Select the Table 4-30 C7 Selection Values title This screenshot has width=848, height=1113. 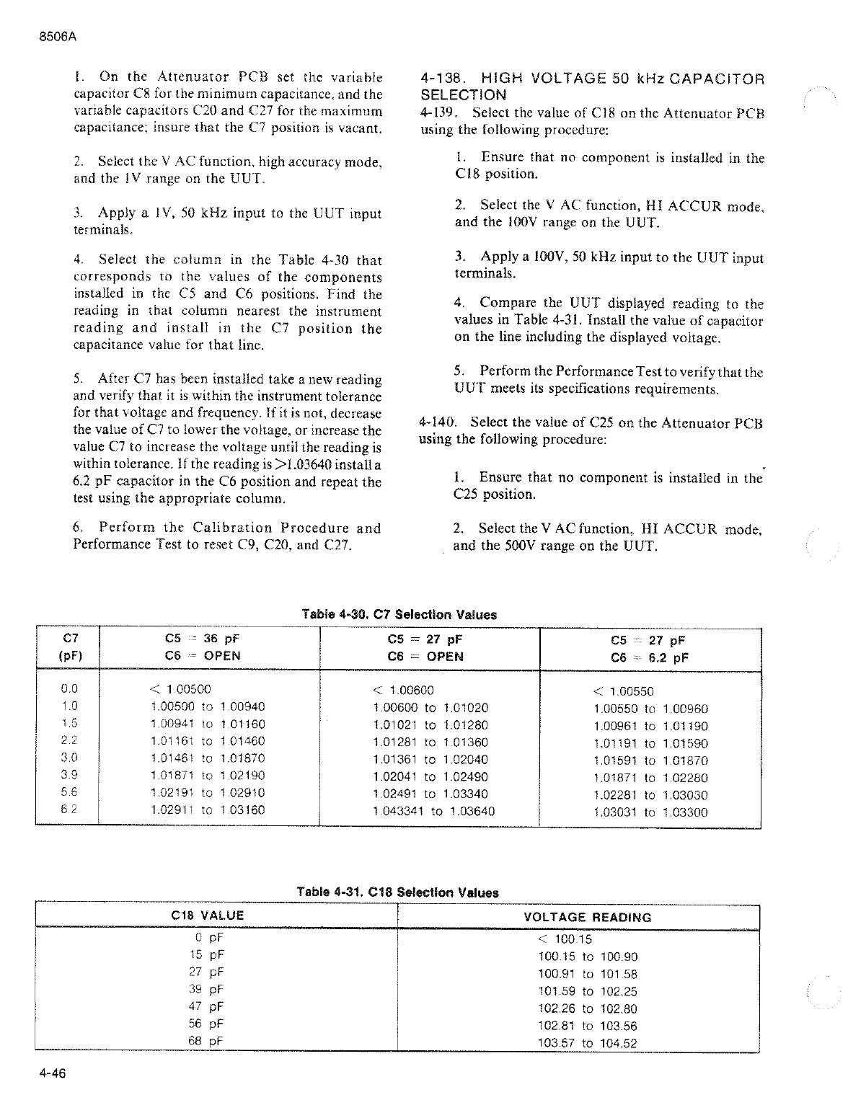pyautogui.click(x=399, y=615)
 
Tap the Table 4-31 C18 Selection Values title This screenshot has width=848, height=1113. pyautogui.click(x=397, y=892)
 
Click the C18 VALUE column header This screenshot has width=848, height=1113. pyautogui.click(x=208, y=915)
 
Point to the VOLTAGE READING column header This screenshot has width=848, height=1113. pyautogui.click(x=587, y=917)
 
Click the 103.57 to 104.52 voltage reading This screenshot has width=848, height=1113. pyautogui.click(x=588, y=1042)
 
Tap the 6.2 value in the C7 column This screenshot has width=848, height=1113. pyautogui.click(x=69, y=810)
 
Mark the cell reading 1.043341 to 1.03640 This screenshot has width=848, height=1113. pyautogui.click(x=433, y=811)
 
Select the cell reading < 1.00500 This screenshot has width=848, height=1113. pyautogui.click(x=180, y=689)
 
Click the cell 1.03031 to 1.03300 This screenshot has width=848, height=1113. pyautogui.click(x=650, y=812)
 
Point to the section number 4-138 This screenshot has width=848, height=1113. pyautogui.click(x=442, y=78)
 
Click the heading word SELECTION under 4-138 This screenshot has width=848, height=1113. pyautogui.click(x=463, y=94)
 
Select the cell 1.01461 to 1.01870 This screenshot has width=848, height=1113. pyautogui.click(x=208, y=758)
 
